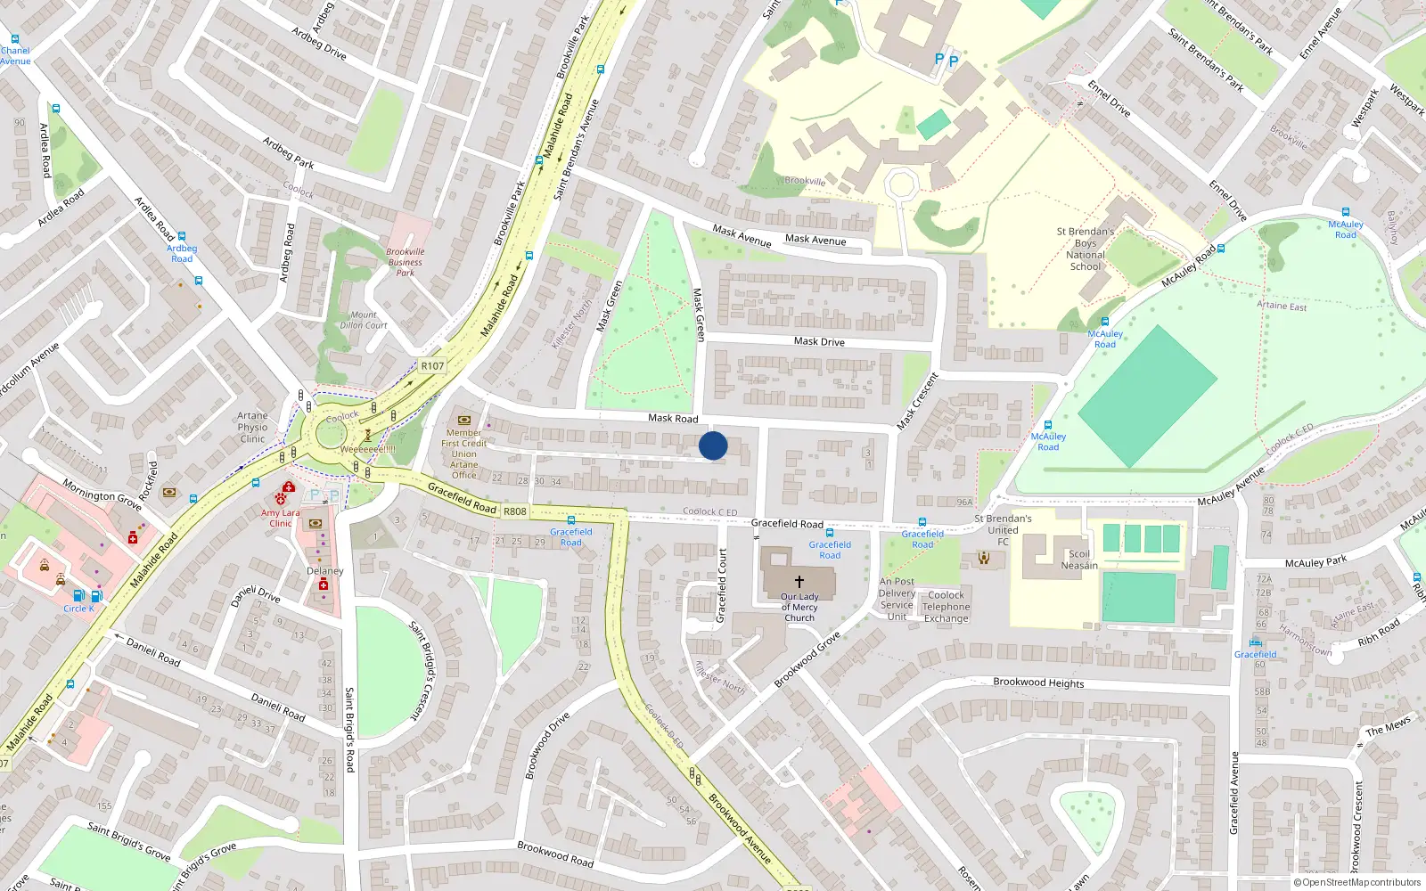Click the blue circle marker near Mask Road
point(713,445)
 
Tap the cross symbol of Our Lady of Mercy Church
point(799,581)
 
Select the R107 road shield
point(432,365)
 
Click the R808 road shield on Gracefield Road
point(515,511)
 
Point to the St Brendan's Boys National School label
point(1085,249)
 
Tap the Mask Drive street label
point(819,341)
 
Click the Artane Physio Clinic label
point(252,427)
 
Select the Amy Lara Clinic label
point(281,518)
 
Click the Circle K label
point(78,609)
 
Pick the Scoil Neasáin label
point(1079,560)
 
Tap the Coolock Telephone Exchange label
point(946,607)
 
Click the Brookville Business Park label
point(406,262)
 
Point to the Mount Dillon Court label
point(364,320)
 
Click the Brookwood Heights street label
point(1038,683)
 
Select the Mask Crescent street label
point(918,401)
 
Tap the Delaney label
point(324,571)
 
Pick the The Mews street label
point(1388,726)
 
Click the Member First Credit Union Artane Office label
point(463,454)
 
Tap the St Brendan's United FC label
point(1003,529)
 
